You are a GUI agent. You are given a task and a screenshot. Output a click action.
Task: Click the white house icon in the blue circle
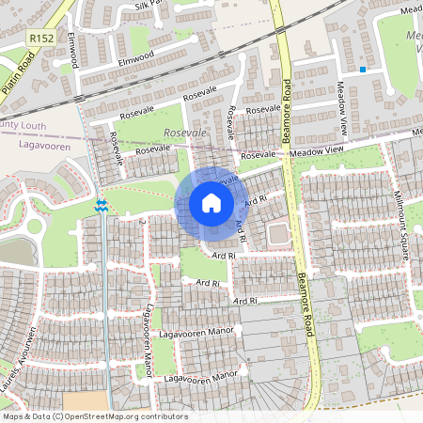[x=211, y=203]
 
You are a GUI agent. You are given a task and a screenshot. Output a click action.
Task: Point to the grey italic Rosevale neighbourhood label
[x=184, y=133]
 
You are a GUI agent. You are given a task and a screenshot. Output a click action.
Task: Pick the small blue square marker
[x=363, y=69]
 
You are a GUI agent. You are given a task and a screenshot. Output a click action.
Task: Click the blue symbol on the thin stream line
[x=100, y=207]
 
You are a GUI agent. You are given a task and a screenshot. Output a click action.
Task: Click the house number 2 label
[x=142, y=223]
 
